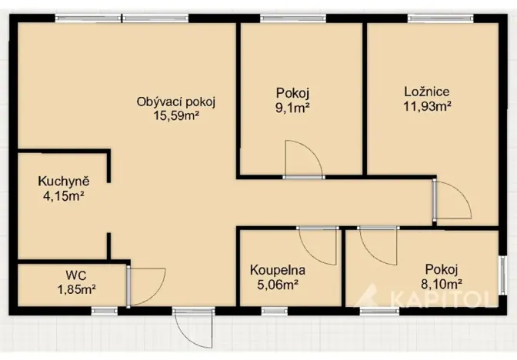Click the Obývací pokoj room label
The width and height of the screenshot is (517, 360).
click(x=175, y=102)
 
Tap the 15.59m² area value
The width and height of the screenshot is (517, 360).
click(x=175, y=117)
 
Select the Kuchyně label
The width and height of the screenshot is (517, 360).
click(x=64, y=182)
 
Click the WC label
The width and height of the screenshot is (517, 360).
click(x=75, y=275)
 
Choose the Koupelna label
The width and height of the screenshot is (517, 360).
click(x=278, y=270)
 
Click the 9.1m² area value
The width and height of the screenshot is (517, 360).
click(x=293, y=109)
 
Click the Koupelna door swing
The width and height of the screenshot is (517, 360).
click(x=319, y=245)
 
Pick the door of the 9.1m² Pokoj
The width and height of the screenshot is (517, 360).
click(x=302, y=159)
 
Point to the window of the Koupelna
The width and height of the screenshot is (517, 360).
click(x=274, y=310)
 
